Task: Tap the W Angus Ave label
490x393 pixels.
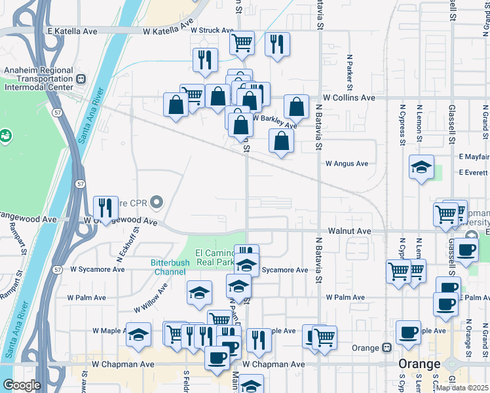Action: coord(347,163)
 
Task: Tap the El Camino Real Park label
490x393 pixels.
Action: coord(215,257)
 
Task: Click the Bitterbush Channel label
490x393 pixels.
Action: coord(169,267)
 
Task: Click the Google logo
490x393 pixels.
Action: coord(21,385)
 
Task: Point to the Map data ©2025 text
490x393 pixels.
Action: coord(462,388)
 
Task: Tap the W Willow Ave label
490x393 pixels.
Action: coord(151,298)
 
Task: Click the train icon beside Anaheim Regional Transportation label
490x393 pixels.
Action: coord(81,79)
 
